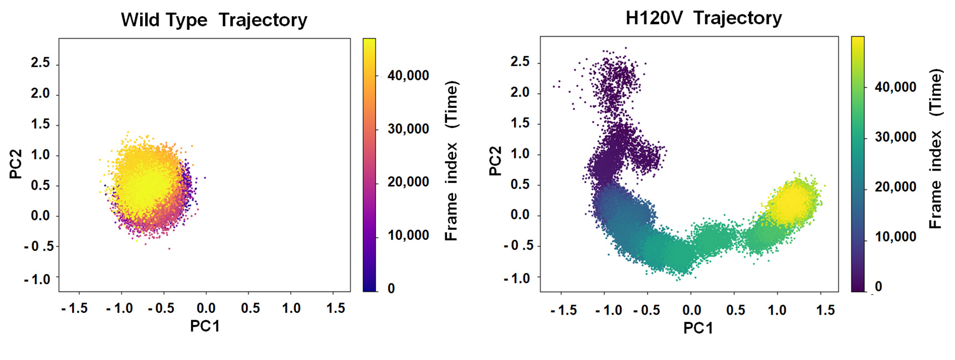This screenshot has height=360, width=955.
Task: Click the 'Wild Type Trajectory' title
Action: (x=214, y=20)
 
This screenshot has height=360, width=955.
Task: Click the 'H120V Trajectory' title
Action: (x=703, y=18)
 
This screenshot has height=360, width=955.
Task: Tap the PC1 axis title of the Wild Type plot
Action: (x=204, y=326)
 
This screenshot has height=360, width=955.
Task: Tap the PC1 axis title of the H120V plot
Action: (x=698, y=328)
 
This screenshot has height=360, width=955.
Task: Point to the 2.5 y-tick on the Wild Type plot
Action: (x=40, y=63)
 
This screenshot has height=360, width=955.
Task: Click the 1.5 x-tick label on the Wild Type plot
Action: (x=335, y=308)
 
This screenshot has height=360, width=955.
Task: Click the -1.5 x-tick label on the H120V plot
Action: (x=563, y=310)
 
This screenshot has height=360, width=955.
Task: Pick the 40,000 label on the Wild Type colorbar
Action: (x=408, y=75)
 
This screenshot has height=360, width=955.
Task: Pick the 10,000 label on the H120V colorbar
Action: (x=895, y=236)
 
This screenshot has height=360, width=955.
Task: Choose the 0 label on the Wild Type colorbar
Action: (x=391, y=288)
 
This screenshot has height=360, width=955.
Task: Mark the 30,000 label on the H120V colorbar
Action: (x=895, y=137)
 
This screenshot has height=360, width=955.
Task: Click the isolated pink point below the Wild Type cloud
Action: (x=170, y=249)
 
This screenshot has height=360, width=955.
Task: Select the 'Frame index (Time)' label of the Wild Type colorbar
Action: (x=451, y=161)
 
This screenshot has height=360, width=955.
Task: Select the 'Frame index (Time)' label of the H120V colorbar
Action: (x=936, y=148)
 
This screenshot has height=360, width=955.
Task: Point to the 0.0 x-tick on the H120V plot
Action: (x=691, y=310)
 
